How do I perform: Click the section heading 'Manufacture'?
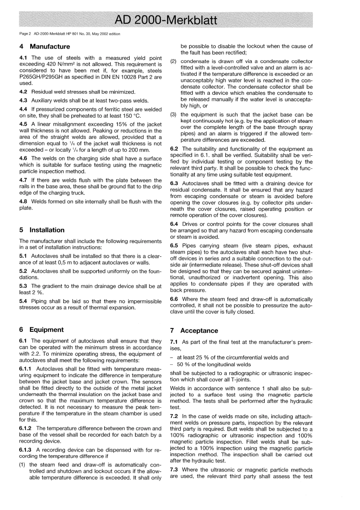coord(50,47)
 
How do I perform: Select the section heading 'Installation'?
coord(47,230)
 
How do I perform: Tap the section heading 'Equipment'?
coord(47,330)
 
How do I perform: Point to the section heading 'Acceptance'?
coord(199,331)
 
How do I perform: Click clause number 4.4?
coord(23,110)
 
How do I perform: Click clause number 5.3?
coord(23,286)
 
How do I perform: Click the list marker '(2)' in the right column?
coord(174,61)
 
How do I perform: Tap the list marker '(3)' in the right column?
coord(174,115)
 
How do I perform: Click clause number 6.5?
coord(174,246)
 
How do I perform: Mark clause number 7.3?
coord(174,470)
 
